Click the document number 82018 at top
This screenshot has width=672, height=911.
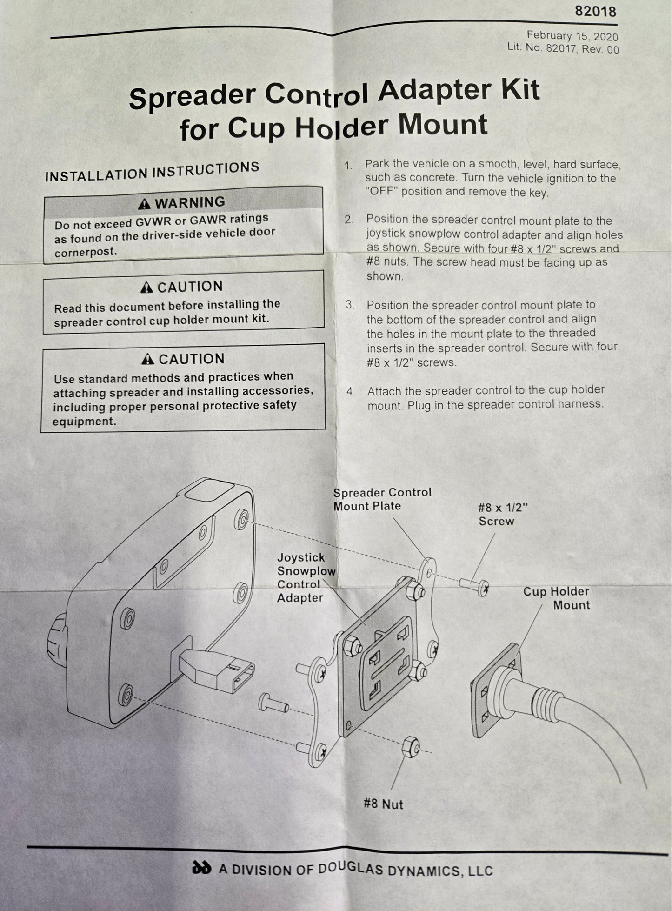[595, 11]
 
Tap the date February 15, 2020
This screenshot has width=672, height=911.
[572, 36]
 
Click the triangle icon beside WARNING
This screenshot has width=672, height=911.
[145, 204]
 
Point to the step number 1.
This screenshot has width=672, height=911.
[348, 166]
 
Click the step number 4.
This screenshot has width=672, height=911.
[351, 392]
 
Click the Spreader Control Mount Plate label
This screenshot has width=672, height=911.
[382, 499]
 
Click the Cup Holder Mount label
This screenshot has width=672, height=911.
[556, 598]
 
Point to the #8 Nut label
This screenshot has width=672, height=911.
[383, 804]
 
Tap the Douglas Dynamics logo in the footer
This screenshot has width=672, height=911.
[201, 868]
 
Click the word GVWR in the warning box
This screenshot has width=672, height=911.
[154, 222]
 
